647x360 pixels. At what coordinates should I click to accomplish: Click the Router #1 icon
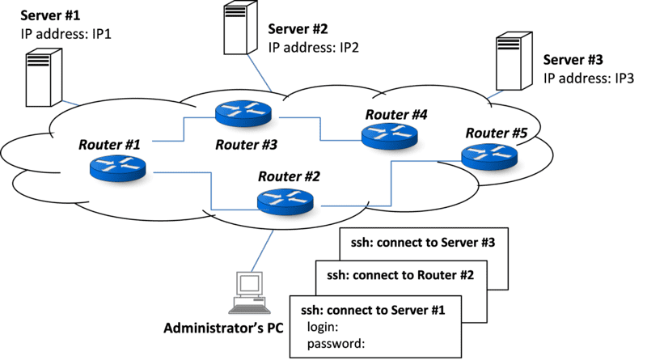(x=117, y=167)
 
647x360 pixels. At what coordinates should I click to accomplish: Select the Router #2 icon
(x=288, y=201)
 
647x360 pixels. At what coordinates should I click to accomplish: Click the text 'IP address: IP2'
(x=313, y=47)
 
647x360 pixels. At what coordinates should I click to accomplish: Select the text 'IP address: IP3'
(x=588, y=78)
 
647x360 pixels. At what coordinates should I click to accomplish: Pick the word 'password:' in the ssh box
(x=336, y=343)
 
